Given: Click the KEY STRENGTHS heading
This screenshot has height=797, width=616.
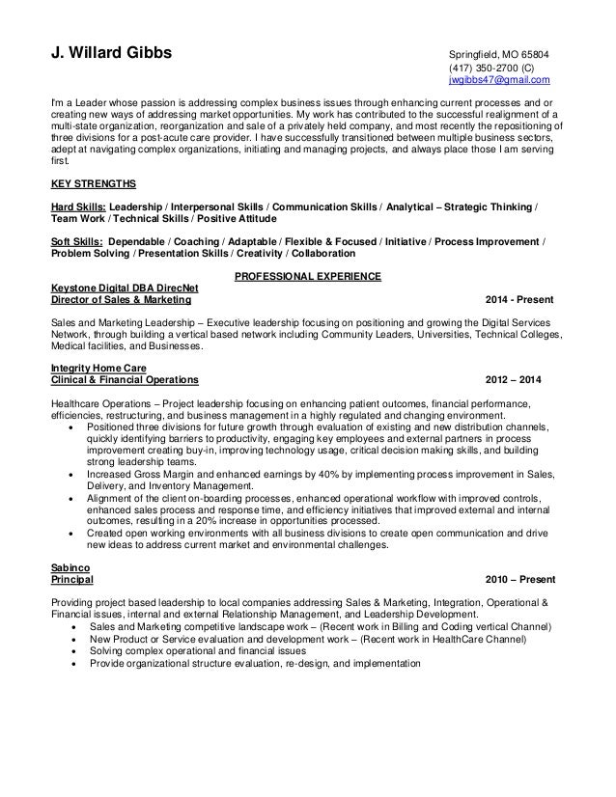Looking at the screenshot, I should coord(93,182).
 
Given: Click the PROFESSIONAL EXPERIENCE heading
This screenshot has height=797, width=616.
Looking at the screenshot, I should coord(308,278).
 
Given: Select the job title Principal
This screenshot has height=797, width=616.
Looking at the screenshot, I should coord(71,581).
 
